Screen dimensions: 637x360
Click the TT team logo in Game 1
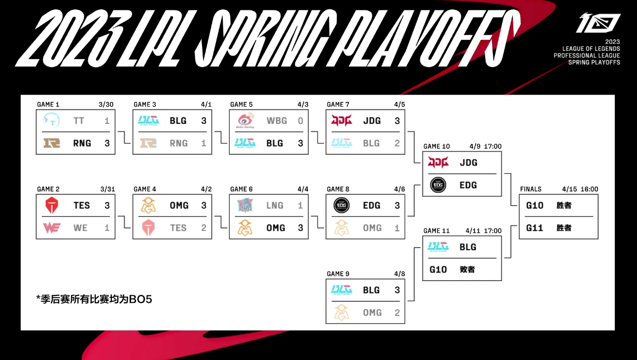pos(51,120)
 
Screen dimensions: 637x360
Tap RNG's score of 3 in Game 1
pos(107,143)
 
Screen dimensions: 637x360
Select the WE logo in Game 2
pos(51,228)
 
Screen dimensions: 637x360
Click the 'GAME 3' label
pos(145,105)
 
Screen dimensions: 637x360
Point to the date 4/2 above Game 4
pos(206,189)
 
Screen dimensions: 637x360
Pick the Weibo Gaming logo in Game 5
pos(245,120)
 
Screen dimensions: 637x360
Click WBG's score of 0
pos(300,121)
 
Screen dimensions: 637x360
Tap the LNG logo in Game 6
pos(245,205)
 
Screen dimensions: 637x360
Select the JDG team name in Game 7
pos(372,121)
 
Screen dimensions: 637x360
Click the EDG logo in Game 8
pos(341,205)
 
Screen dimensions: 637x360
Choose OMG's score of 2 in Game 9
pos(397,313)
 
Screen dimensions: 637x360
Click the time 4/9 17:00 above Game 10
pos(486,146)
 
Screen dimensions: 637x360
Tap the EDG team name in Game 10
pos(468,185)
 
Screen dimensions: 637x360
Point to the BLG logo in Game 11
pos(438,247)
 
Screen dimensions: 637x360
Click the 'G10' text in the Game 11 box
pos(438,269)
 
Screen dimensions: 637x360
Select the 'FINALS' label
pos(531,189)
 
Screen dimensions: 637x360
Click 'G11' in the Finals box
pos(534,228)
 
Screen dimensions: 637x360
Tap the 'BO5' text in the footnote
pos(141,299)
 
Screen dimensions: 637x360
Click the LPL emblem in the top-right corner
pos(598,23)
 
